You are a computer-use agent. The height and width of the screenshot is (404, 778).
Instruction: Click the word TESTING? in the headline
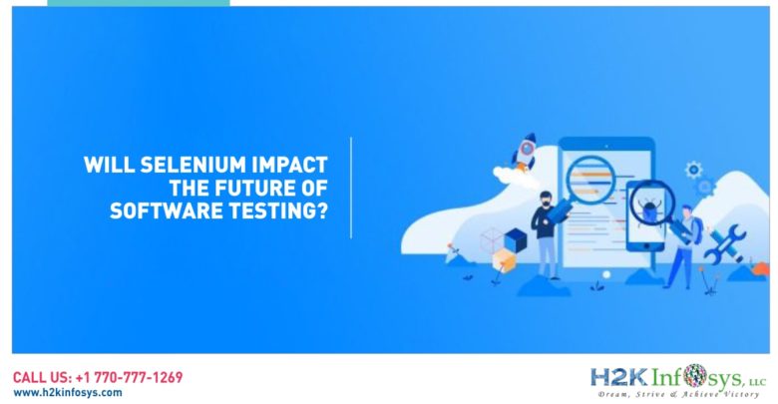[278, 210]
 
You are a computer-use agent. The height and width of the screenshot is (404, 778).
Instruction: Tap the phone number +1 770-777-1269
[130, 378]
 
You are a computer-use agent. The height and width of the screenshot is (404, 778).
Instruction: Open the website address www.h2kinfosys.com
[68, 393]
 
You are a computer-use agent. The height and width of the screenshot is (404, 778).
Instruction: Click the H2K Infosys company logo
[678, 381]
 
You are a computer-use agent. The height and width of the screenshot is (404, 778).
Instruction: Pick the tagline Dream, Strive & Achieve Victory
[678, 394]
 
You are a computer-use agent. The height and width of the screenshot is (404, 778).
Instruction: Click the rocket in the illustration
[526, 151]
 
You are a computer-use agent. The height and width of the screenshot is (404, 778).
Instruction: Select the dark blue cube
[515, 240]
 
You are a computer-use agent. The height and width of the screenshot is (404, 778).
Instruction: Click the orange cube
[504, 260]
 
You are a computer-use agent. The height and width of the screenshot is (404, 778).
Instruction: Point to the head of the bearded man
[546, 199]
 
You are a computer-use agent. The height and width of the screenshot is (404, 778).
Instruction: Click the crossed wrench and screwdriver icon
[725, 243]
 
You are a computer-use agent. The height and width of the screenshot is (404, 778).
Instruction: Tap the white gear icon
[693, 171]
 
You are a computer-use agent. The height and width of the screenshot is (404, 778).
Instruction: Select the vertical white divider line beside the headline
[351, 189]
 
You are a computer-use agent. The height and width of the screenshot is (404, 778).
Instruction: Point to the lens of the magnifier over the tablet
[590, 179]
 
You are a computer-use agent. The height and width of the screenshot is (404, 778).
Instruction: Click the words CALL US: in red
[43, 378]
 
